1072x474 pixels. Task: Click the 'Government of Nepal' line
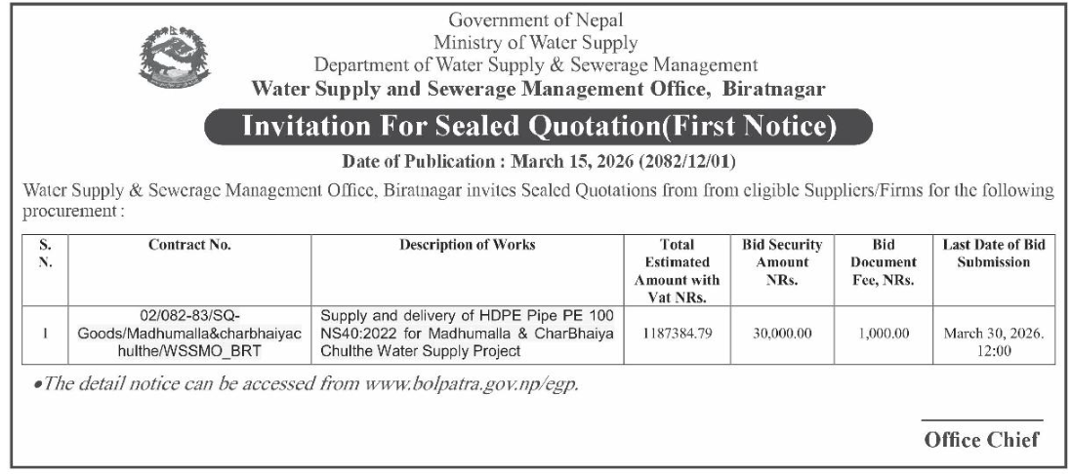535,20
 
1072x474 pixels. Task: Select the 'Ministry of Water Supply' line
536,42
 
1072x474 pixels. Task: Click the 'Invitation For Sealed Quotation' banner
536,127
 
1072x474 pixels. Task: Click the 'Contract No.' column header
189,246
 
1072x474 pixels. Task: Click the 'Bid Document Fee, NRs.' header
883,261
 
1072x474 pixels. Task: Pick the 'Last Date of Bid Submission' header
994,254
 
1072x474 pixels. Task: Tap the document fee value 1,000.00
883,333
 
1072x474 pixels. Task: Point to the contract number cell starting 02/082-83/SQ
189,333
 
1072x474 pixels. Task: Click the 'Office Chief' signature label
981,439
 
